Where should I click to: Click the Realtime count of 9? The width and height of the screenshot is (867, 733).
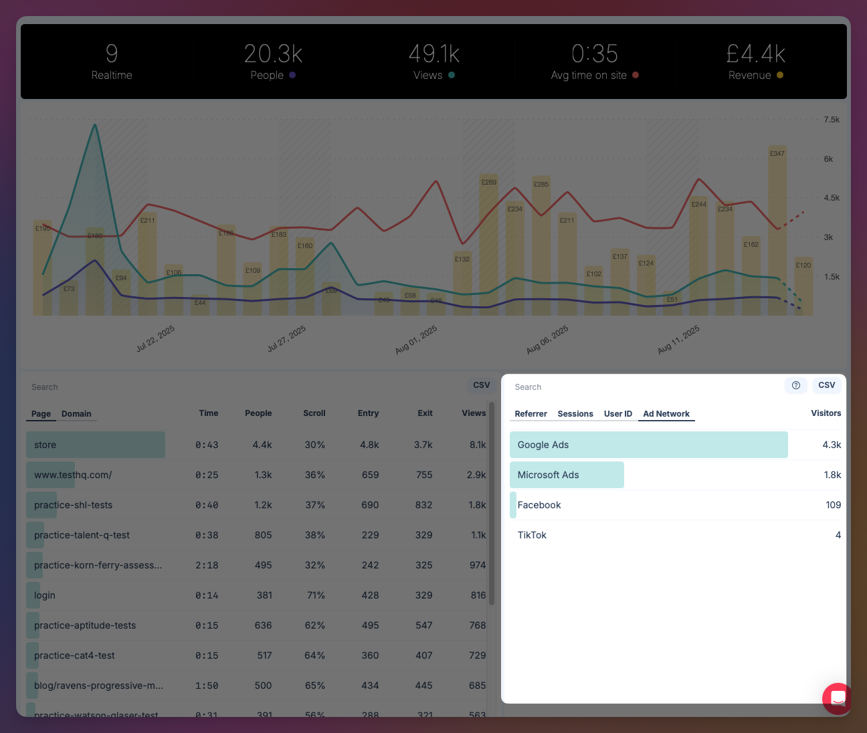(112, 54)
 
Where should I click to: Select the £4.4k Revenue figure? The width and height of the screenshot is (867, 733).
(755, 54)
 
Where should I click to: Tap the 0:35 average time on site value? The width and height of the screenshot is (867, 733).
(594, 54)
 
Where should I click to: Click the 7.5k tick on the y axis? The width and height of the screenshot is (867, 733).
(832, 120)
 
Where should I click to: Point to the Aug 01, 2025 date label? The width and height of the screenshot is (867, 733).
(416, 340)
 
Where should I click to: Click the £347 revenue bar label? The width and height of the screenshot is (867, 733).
(777, 154)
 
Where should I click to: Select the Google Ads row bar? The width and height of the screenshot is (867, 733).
(648, 445)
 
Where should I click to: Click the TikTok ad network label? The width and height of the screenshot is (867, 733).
(532, 535)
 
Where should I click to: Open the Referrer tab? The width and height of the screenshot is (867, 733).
(531, 414)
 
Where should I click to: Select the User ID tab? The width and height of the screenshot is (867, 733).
(617, 414)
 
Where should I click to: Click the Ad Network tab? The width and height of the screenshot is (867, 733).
(666, 414)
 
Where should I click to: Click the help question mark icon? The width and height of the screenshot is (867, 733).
(796, 385)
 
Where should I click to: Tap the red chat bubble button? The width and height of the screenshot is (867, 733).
(837, 698)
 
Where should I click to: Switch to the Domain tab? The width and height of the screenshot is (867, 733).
(76, 414)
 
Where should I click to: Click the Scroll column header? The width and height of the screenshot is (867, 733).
(314, 413)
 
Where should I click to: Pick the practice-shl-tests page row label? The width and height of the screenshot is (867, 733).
(74, 505)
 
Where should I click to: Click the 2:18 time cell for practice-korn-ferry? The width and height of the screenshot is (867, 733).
(207, 565)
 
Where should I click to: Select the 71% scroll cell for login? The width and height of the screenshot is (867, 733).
(315, 595)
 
